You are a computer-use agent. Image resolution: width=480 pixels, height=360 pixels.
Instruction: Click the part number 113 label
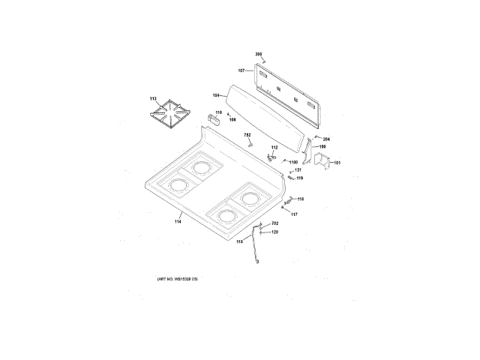153,99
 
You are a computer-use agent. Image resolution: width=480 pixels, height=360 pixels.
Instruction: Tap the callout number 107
241,70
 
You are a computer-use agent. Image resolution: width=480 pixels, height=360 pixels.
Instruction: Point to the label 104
216,95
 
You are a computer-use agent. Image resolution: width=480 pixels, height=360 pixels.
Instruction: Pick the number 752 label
247,134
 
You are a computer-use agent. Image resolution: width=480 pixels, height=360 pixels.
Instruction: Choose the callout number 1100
292,162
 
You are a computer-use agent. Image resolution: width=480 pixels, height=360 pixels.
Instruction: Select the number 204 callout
326,139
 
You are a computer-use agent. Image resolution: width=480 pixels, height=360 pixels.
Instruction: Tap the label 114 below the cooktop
178,220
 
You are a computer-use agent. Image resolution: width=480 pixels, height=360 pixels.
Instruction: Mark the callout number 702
274,224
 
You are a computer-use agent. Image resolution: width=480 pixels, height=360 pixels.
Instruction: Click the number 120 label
274,232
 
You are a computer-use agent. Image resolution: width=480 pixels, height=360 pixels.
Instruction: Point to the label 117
294,214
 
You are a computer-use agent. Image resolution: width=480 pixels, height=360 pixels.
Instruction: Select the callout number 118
300,199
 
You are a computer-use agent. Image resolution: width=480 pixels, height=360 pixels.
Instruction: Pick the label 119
298,178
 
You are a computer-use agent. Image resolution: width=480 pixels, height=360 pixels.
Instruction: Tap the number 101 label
337,163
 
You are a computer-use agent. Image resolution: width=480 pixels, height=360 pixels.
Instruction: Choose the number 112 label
274,148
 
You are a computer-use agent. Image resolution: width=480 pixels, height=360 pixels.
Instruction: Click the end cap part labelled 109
309,153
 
